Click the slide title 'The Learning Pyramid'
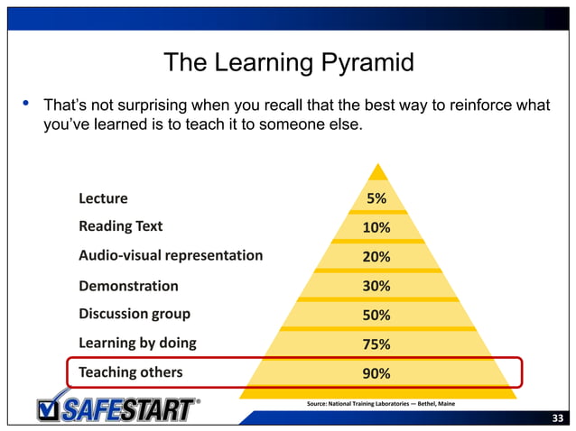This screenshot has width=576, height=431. tap(288, 63)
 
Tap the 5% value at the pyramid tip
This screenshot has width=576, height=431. tap(376, 198)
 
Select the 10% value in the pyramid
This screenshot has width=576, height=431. tap(376, 227)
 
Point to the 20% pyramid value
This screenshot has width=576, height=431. tap(376, 257)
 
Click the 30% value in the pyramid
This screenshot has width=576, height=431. tap(376, 286)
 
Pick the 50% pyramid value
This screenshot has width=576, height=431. tap(376, 315)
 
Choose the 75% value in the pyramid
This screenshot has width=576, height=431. tap(376, 344)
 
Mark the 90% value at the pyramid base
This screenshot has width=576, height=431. tap(376, 372)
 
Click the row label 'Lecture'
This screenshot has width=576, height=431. tap(103, 198)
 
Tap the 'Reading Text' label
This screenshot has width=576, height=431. tap(120, 226)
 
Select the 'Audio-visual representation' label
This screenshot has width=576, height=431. tap(171, 255)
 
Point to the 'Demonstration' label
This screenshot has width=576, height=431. tap(128, 286)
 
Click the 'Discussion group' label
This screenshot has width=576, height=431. tap(134, 315)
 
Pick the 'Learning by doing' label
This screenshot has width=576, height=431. tap(137, 344)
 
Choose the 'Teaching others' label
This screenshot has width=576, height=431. tap(130, 372)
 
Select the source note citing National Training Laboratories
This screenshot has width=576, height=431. tap(381, 403)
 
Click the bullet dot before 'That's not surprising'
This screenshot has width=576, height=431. tap(26, 105)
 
